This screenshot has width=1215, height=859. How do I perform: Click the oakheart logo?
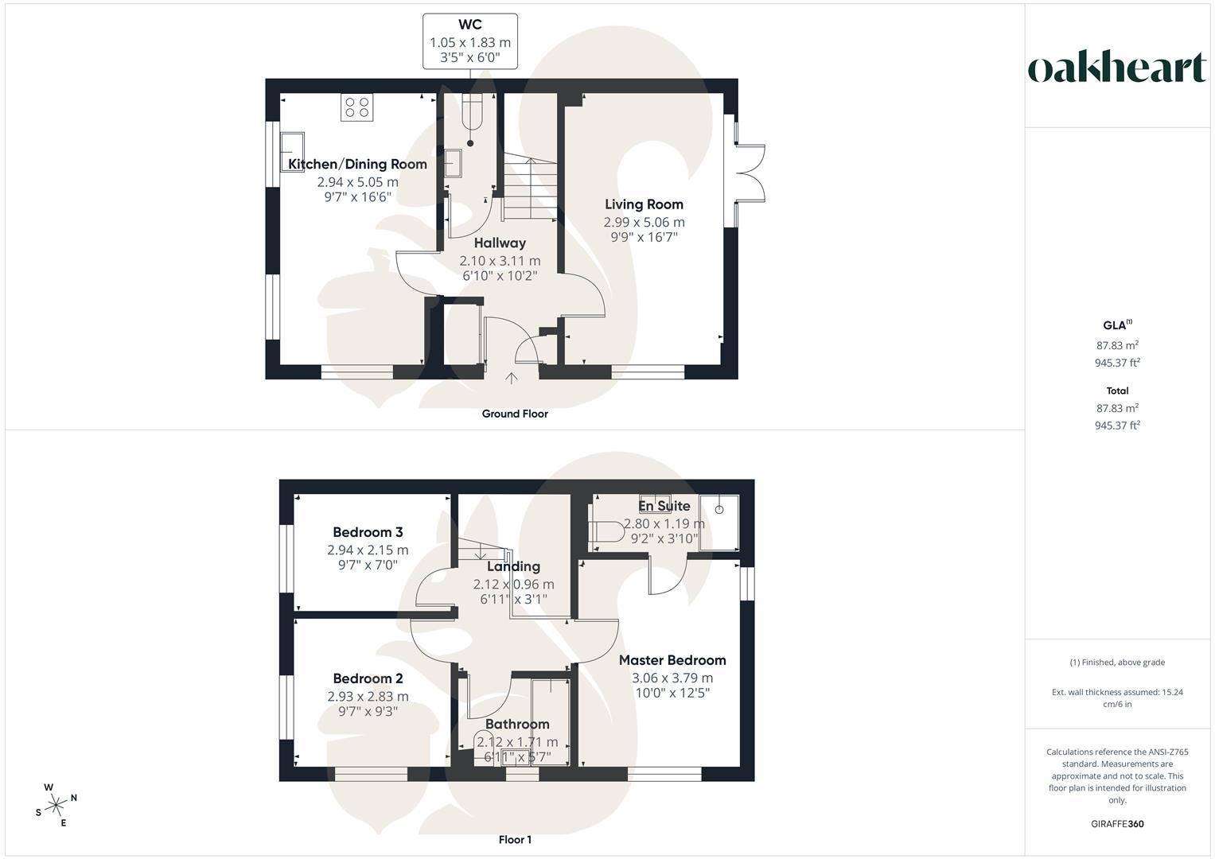click(x=1117, y=68)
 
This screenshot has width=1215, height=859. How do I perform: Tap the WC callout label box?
click(x=470, y=41)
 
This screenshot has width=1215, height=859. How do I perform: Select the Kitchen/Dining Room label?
click(x=357, y=165)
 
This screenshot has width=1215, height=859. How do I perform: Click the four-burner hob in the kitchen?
click(x=356, y=107)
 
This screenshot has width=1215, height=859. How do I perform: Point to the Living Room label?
click(x=644, y=204)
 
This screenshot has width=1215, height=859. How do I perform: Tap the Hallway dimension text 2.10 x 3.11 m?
click(x=500, y=261)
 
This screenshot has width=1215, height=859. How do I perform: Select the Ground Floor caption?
click(x=515, y=414)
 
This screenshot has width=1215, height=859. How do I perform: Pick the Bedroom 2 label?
click(x=368, y=678)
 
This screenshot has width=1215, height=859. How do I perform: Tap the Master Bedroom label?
click(x=672, y=660)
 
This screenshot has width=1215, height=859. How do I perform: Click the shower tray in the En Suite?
click(x=719, y=522)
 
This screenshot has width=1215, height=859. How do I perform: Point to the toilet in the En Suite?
click(x=606, y=531)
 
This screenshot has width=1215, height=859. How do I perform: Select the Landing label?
click(x=513, y=566)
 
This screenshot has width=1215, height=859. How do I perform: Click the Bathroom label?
click(x=517, y=724)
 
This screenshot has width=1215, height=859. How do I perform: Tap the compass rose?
click(x=56, y=805)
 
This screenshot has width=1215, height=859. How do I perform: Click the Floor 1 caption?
click(x=515, y=840)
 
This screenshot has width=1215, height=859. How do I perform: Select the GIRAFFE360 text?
click(x=1117, y=824)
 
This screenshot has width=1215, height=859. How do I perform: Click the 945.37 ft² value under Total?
click(x=1117, y=426)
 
